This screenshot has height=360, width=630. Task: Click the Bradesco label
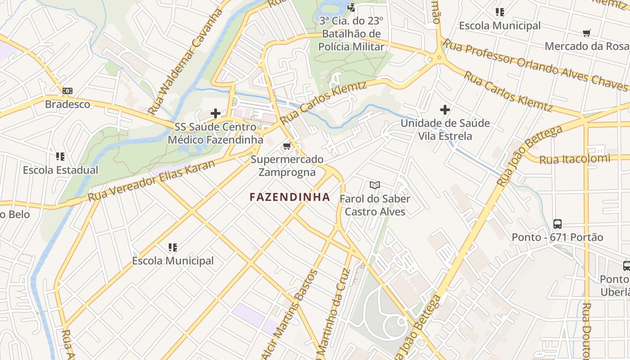[67, 104]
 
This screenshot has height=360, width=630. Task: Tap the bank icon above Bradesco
[67, 91]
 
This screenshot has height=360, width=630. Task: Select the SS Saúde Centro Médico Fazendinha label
[215, 133]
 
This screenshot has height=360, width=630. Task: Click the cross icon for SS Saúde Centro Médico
[216, 113]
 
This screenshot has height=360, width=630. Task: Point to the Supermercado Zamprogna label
[287, 166]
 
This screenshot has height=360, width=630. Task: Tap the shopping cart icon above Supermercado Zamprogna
[287, 146]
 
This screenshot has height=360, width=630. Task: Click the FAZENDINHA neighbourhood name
[290, 197]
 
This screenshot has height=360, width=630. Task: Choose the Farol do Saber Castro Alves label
[375, 205]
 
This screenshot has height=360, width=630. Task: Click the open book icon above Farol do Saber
[375, 185]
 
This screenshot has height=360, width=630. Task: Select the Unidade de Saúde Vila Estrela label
[445, 129]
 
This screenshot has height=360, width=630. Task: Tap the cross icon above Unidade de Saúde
[445, 109]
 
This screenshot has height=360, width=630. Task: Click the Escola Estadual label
[60, 170]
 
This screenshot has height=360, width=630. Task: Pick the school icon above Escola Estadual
[60, 157]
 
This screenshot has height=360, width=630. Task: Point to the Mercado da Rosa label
[586, 46]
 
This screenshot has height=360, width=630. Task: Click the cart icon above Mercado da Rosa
[586, 33]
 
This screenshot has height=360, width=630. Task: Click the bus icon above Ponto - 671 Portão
[558, 224]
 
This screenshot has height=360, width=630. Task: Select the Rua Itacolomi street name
[575, 159]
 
